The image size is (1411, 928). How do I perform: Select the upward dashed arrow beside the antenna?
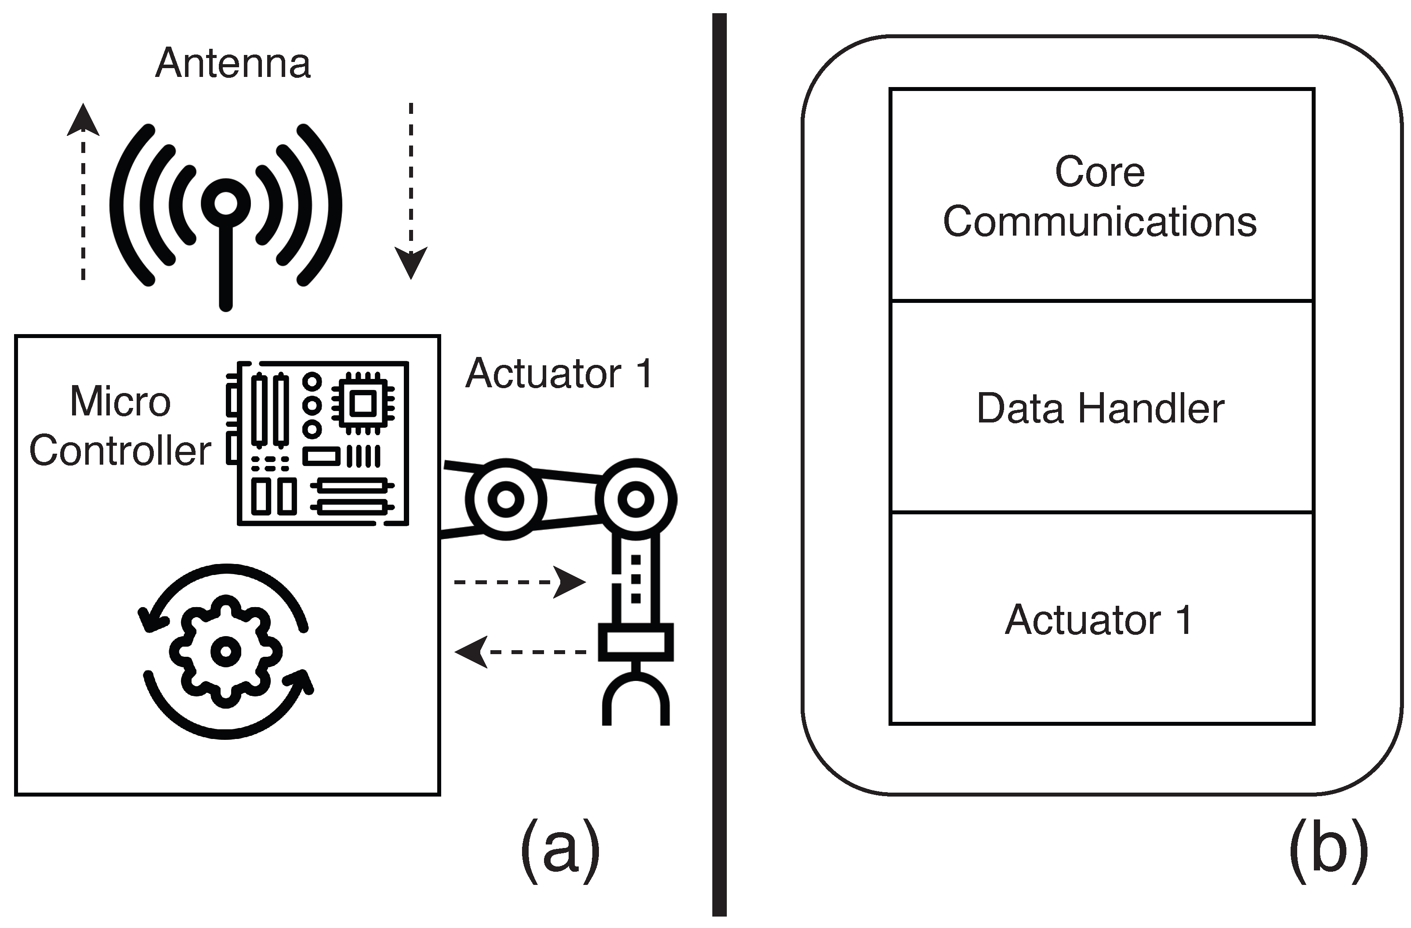coord(83,190)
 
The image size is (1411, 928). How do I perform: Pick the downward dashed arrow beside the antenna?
coord(411,190)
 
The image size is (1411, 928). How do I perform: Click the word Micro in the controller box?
coord(120,401)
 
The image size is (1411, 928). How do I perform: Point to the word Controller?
coord(120,450)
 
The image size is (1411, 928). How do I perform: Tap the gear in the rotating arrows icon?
coord(225,651)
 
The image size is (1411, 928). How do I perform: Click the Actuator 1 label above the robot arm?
coord(559,374)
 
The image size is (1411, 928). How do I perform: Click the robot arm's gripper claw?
coord(635,700)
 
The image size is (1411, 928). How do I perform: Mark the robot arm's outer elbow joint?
coord(635,499)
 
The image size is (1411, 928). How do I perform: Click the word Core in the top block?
coord(1100,172)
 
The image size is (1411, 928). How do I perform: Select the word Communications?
coord(1100,222)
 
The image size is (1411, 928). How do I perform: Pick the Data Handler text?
coord(1100,408)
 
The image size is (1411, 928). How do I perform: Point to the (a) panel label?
coord(560,850)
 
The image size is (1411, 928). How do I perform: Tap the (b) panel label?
coord(1328,850)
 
